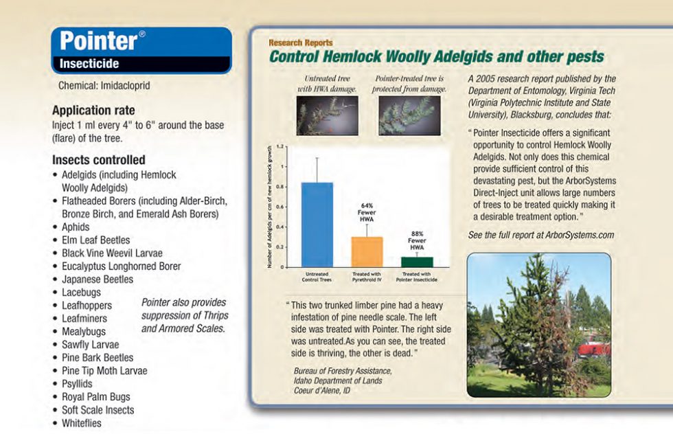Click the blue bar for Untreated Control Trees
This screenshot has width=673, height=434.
tap(317, 225)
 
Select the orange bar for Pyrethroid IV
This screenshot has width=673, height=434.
tap(367, 251)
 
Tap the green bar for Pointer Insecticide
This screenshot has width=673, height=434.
tap(417, 262)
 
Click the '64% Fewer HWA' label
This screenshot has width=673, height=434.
tap(367, 212)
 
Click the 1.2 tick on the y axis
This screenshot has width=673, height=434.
tap(280, 147)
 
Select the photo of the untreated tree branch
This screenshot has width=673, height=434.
tap(327, 115)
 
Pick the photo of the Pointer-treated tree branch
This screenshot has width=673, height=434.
tap(409, 115)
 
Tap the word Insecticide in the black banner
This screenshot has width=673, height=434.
tap(89, 64)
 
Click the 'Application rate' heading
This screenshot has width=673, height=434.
tap(93, 111)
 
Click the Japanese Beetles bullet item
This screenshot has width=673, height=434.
tap(97, 279)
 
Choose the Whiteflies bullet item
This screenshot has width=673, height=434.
tap(81, 423)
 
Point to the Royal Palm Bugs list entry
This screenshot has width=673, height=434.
tap(95, 397)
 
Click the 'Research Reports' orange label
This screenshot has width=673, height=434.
tap(301, 43)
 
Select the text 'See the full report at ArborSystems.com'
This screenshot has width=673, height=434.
tap(540, 235)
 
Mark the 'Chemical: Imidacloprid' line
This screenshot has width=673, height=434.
tap(104, 87)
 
